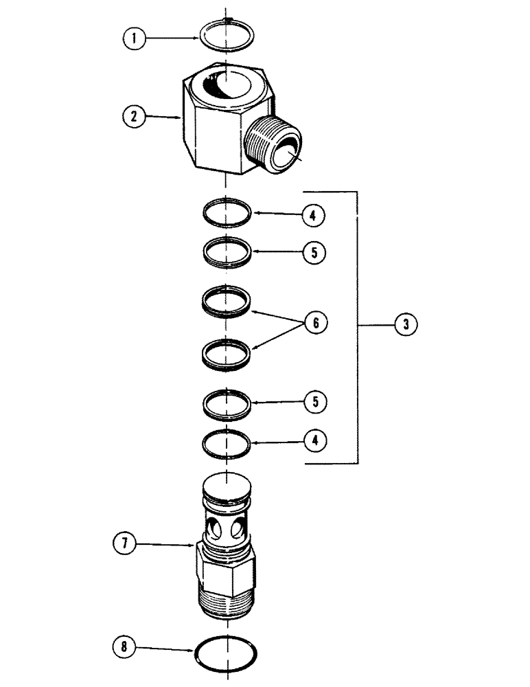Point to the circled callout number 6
pos(316,322)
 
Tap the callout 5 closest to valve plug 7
pos(314,401)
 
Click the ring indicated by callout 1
pos(226,35)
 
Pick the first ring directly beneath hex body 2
pos(227,212)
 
